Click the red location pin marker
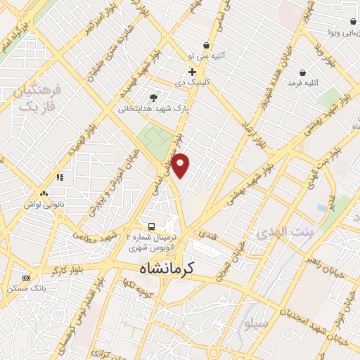tap(181, 165)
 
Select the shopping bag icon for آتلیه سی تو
tap(206, 45)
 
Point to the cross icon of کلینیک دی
tap(191, 72)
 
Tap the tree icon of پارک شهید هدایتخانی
tap(154, 97)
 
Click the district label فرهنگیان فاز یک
tap(38, 98)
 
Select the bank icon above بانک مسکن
tap(27, 277)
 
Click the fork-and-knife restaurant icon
tap(60, 177)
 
